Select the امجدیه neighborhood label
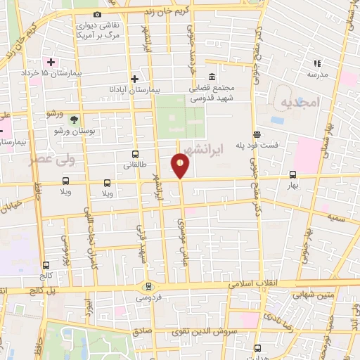(300, 103)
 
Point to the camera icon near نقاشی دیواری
(97, 14)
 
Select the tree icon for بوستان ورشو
(75, 119)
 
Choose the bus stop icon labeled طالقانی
(135, 154)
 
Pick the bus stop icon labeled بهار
(292, 175)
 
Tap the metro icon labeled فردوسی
(148, 286)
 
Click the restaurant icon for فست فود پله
(257, 134)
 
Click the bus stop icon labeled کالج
(46, 266)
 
